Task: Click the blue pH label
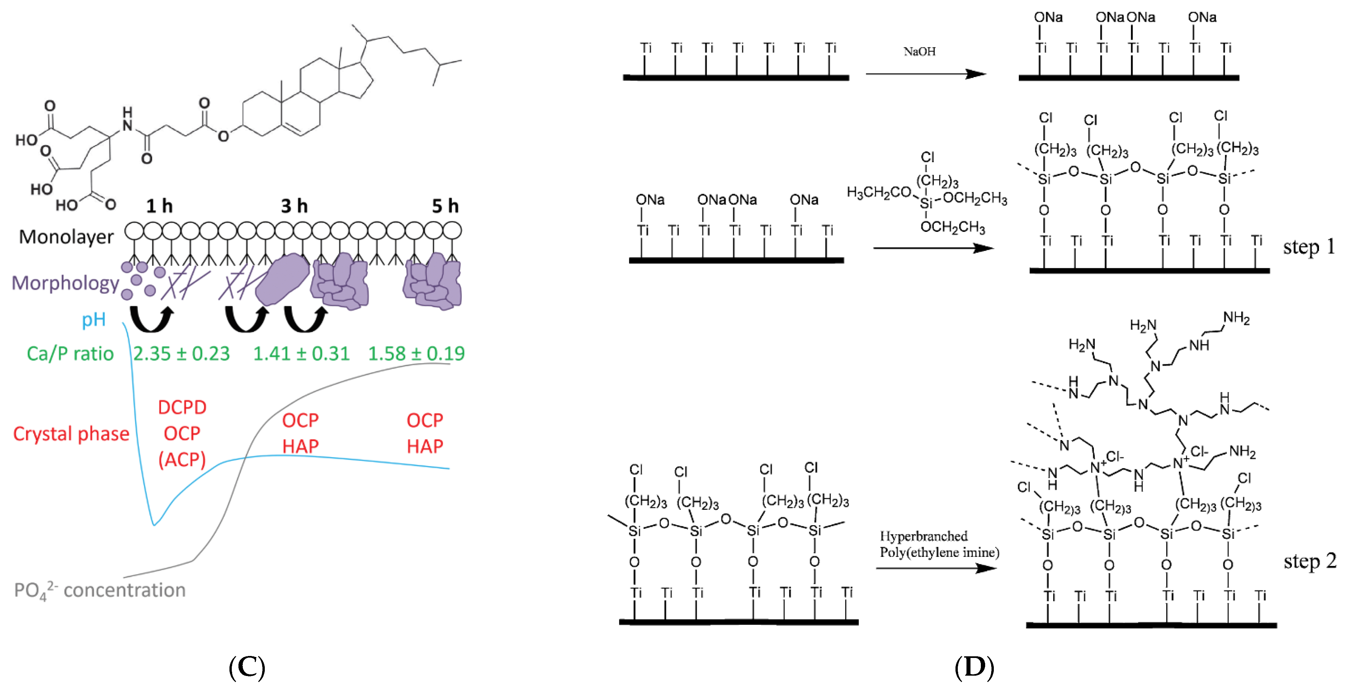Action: [94, 319]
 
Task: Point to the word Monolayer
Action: [66, 237]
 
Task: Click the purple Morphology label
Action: [65, 283]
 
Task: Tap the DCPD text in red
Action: [182, 407]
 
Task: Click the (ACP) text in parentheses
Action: [182, 459]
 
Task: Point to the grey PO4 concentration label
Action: [100, 590]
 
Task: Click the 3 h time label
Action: [294, 206]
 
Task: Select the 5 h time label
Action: [445, 206]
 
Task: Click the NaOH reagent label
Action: [919, 51]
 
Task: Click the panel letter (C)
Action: [247, 667]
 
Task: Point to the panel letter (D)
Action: [974, 667]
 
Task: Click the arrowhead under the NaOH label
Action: [976, 74]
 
